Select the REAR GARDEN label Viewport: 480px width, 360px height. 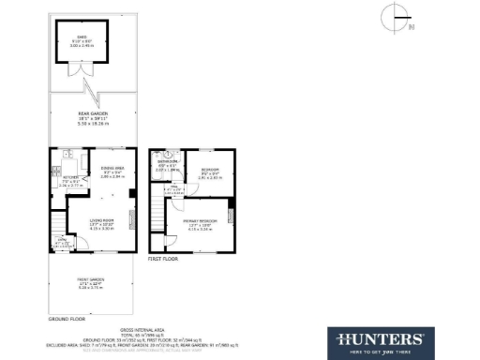pos(92,113)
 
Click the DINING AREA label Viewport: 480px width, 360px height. pos(113,169)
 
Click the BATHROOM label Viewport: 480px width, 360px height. pos(168,162)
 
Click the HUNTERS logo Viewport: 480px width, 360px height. pos(377,338)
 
